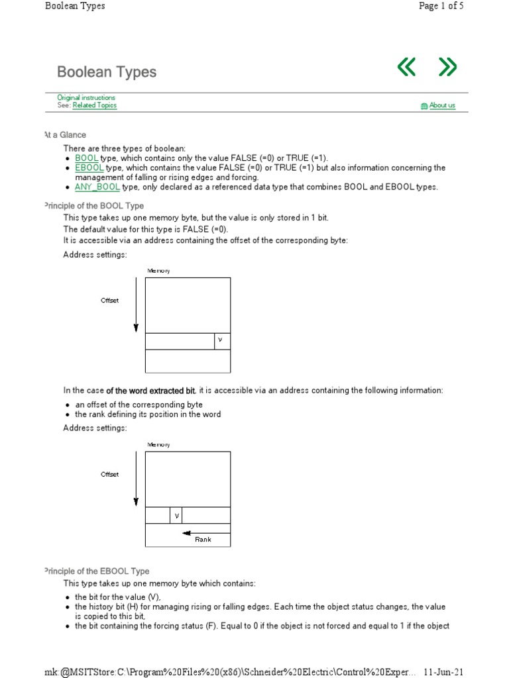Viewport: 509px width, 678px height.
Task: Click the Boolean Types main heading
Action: click(107, 72)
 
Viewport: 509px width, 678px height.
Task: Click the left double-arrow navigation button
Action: click(406, 67)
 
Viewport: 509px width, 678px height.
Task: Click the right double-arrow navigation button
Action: click(448, 67)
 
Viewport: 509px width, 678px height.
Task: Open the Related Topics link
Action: click(94, 105)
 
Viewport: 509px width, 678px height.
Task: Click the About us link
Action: click(441, 105)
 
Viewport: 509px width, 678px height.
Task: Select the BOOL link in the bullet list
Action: click(87, 158)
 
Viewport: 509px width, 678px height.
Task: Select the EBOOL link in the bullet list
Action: click(89, 168)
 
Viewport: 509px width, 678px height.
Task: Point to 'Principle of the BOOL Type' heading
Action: click(93, 206)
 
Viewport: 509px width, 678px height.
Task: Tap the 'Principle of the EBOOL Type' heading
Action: click(96, 571)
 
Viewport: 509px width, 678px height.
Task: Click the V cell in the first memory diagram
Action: click(221, 341)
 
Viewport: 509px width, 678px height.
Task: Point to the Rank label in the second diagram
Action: click(203, 540)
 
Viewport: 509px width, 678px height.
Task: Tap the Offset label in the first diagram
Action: click(109, 301)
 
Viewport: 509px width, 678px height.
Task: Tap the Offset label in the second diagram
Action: click(109, 475)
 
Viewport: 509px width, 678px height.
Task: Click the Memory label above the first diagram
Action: click(158, 271)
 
